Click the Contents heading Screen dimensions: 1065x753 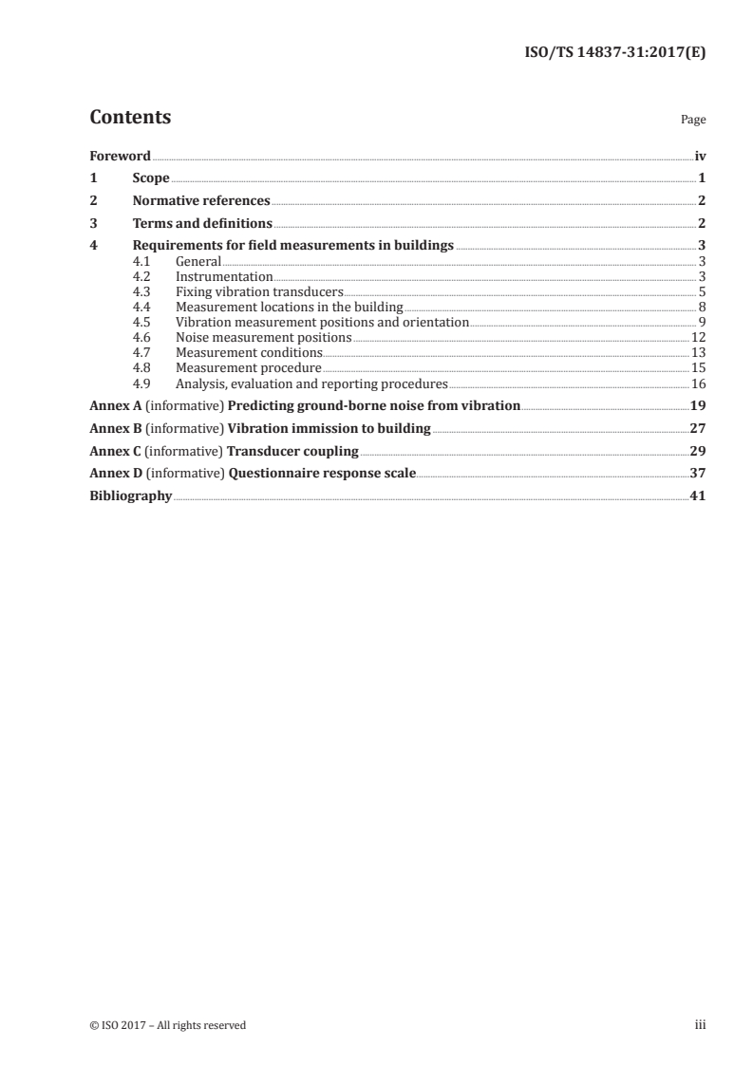tap(130, 119)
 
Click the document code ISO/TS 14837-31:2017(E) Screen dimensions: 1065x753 tap(614, 53)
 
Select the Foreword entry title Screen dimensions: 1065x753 tap(120, 156)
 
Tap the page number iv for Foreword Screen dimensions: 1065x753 tap(700, 156)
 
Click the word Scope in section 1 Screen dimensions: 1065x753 tap(151, 178)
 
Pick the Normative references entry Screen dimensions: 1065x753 tap(201, 201)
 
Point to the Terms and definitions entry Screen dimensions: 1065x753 tap(202, 224)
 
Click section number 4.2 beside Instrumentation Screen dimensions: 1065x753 tap(142, 276)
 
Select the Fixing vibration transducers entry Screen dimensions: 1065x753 tap(259, 292)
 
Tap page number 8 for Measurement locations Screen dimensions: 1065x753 tap(701, 308)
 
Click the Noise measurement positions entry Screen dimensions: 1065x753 tap(264, 338)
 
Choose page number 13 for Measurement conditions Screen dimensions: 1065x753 tap(698, 353)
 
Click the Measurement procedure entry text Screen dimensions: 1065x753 tap(249, 368)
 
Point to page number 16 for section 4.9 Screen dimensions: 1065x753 tap(698, 383)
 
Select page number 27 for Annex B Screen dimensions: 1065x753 tap(697, 429)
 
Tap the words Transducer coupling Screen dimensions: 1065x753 tap(293, 451)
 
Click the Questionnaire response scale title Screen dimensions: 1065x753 tap(322, 474)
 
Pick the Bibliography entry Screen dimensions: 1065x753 tap(130, 496)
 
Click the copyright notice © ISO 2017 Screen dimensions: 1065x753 tap(167, 1025)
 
